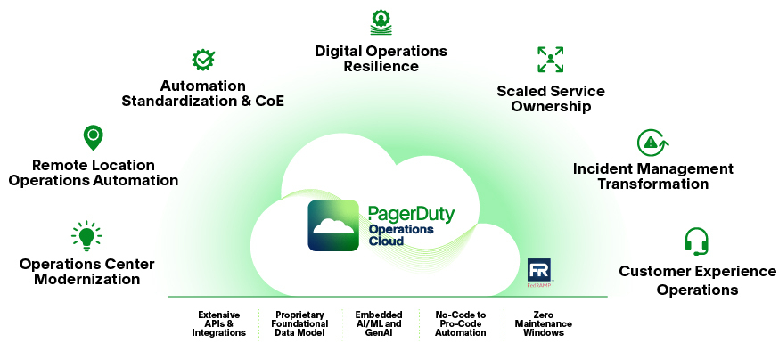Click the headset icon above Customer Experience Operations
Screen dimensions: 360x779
[696, 241]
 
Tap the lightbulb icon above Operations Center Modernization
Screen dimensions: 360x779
[86, 236]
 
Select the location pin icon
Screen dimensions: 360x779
[93, 137]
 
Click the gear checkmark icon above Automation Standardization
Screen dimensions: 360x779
[203, 60]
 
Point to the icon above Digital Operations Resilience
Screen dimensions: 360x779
[381, 21]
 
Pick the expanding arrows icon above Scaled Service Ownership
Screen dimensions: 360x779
[551, 60]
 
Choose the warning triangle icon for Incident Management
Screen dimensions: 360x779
[652, 142]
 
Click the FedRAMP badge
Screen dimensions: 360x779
[540, 274]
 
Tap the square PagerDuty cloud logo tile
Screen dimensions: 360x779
[334, 225]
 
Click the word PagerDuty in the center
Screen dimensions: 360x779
[411, 214]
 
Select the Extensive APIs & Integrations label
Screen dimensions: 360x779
[218, 323]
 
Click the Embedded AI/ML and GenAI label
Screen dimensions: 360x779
[379, 323]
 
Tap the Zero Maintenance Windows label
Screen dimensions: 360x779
[544, 323]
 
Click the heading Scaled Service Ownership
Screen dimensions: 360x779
[551, 99]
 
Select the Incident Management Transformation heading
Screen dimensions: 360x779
[653, 176]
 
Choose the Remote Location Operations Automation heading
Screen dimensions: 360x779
[93, 173]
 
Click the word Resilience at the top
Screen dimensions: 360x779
[381, 66]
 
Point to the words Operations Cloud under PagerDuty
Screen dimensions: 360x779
[400, 235]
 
